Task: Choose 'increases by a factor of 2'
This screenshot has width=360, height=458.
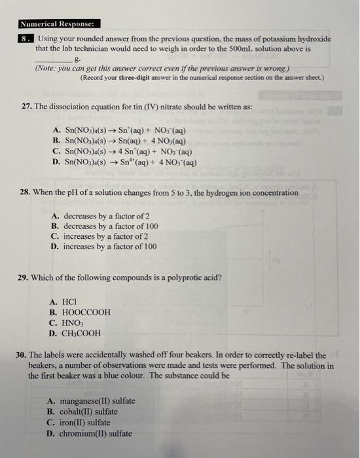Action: (105, 236)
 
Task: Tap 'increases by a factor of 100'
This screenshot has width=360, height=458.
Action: (109, 247)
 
